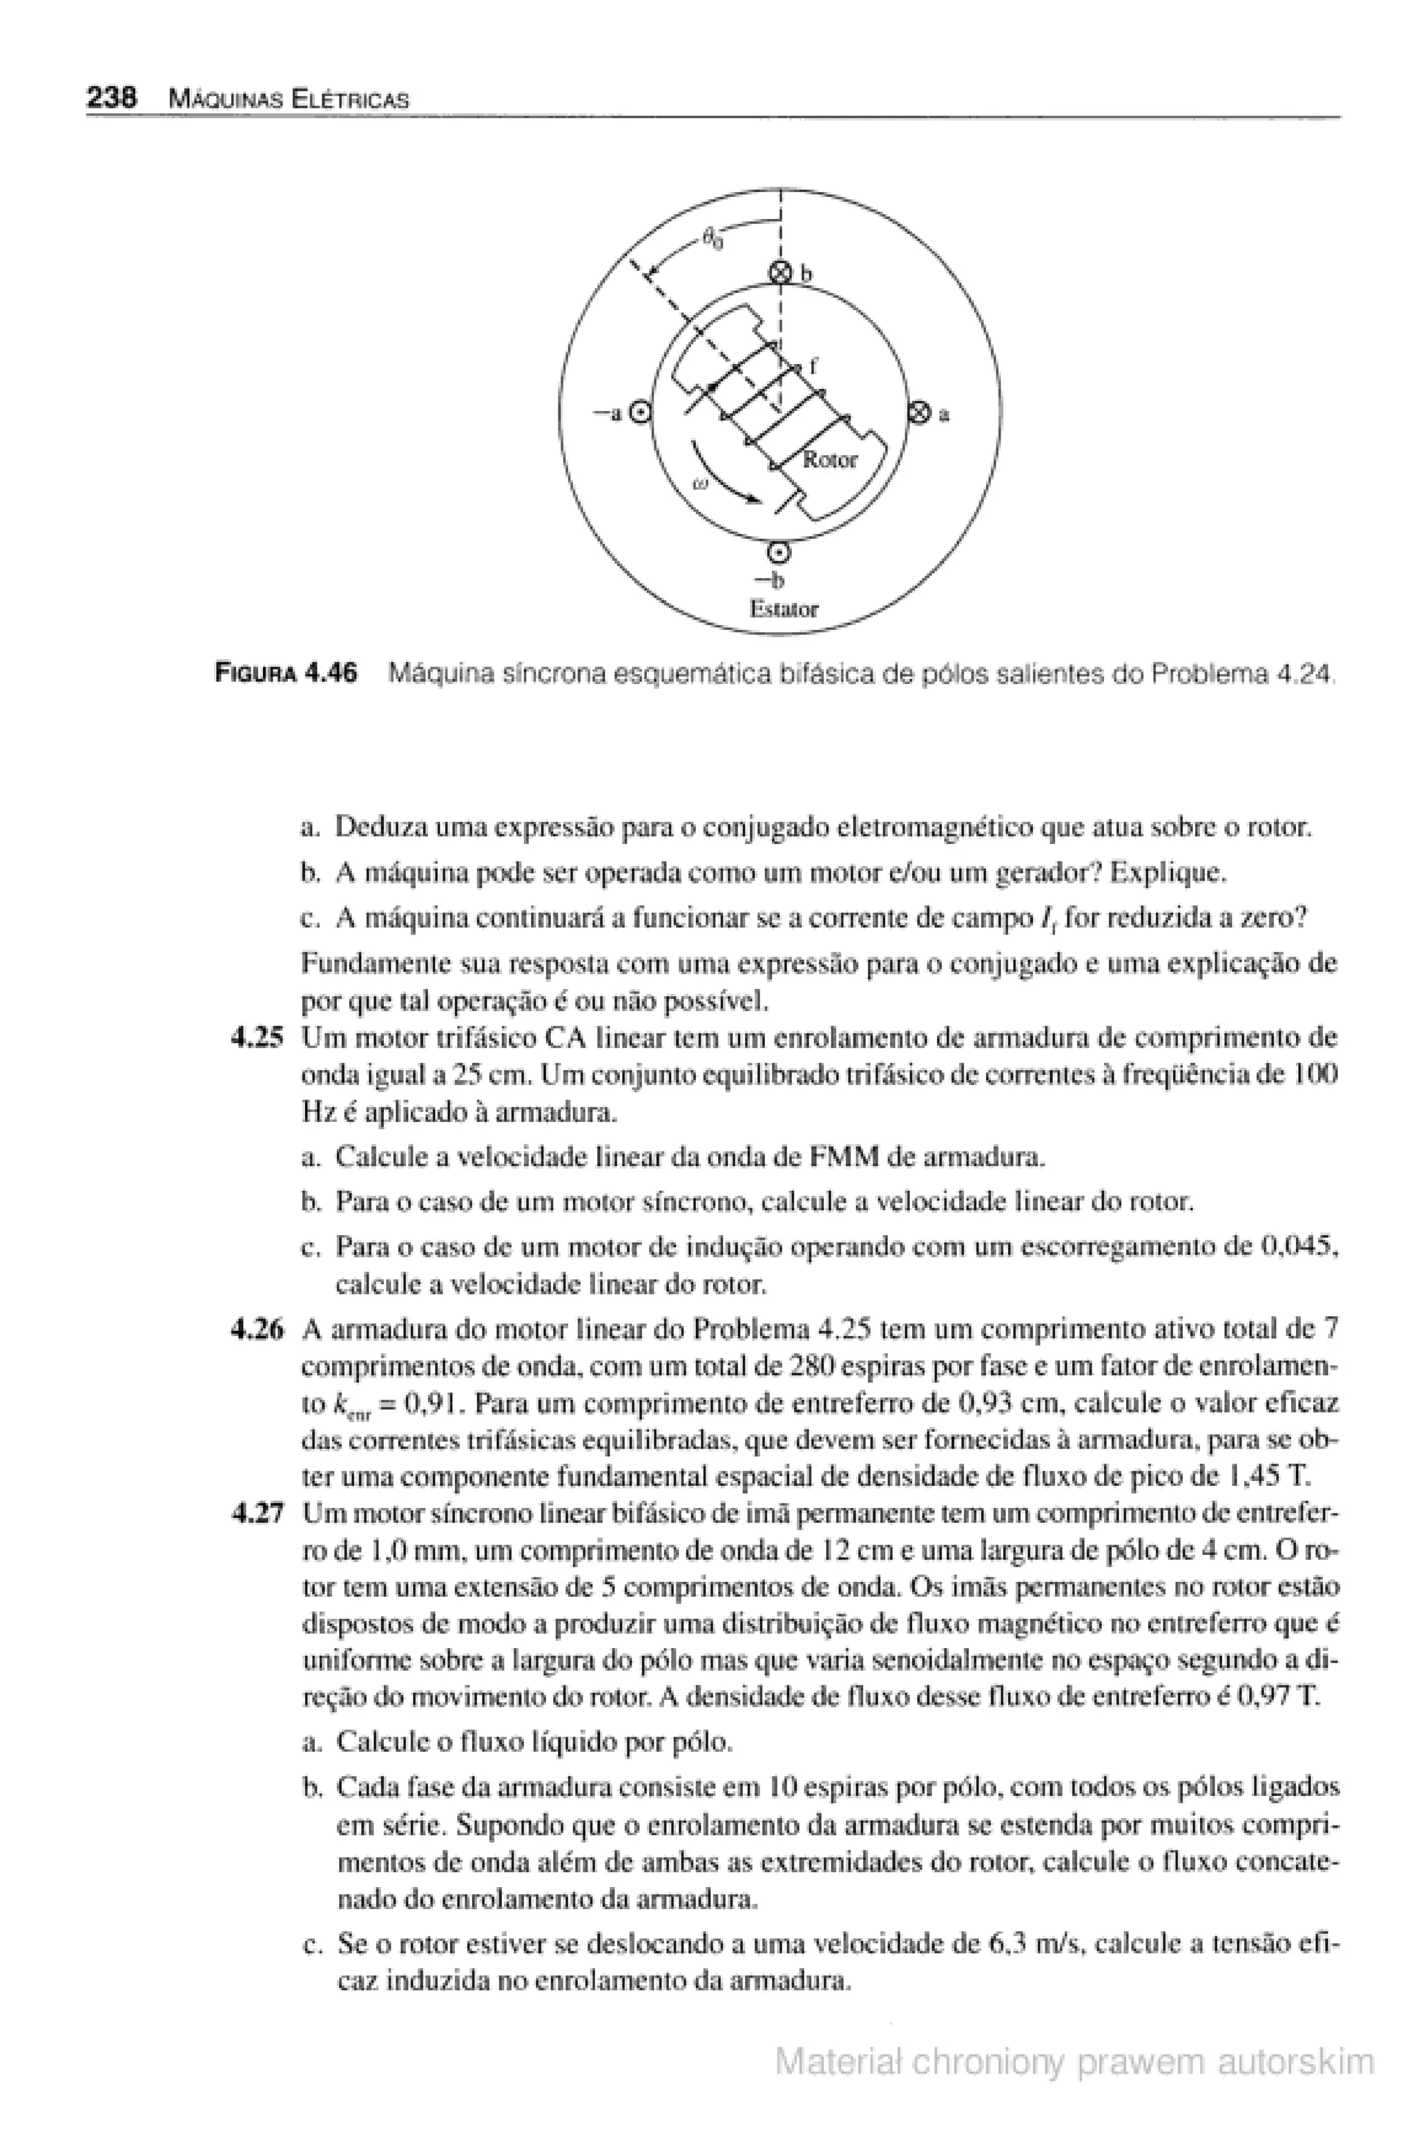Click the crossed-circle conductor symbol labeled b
click(781, 274)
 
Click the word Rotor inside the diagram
click(830, 460)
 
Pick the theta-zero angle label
click(713, 239)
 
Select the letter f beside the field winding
click(813, 365)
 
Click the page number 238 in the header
click(111, 97)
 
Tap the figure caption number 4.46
click(330, 673)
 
